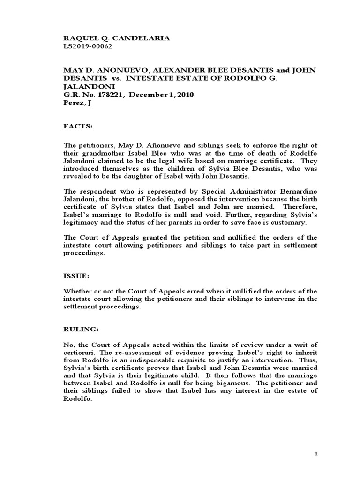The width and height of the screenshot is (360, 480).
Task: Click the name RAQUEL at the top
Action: tap(79, 38)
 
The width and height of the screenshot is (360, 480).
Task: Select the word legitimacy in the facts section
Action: tap(81, 222)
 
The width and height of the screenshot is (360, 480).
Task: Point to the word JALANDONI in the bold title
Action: tap(83, 87)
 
